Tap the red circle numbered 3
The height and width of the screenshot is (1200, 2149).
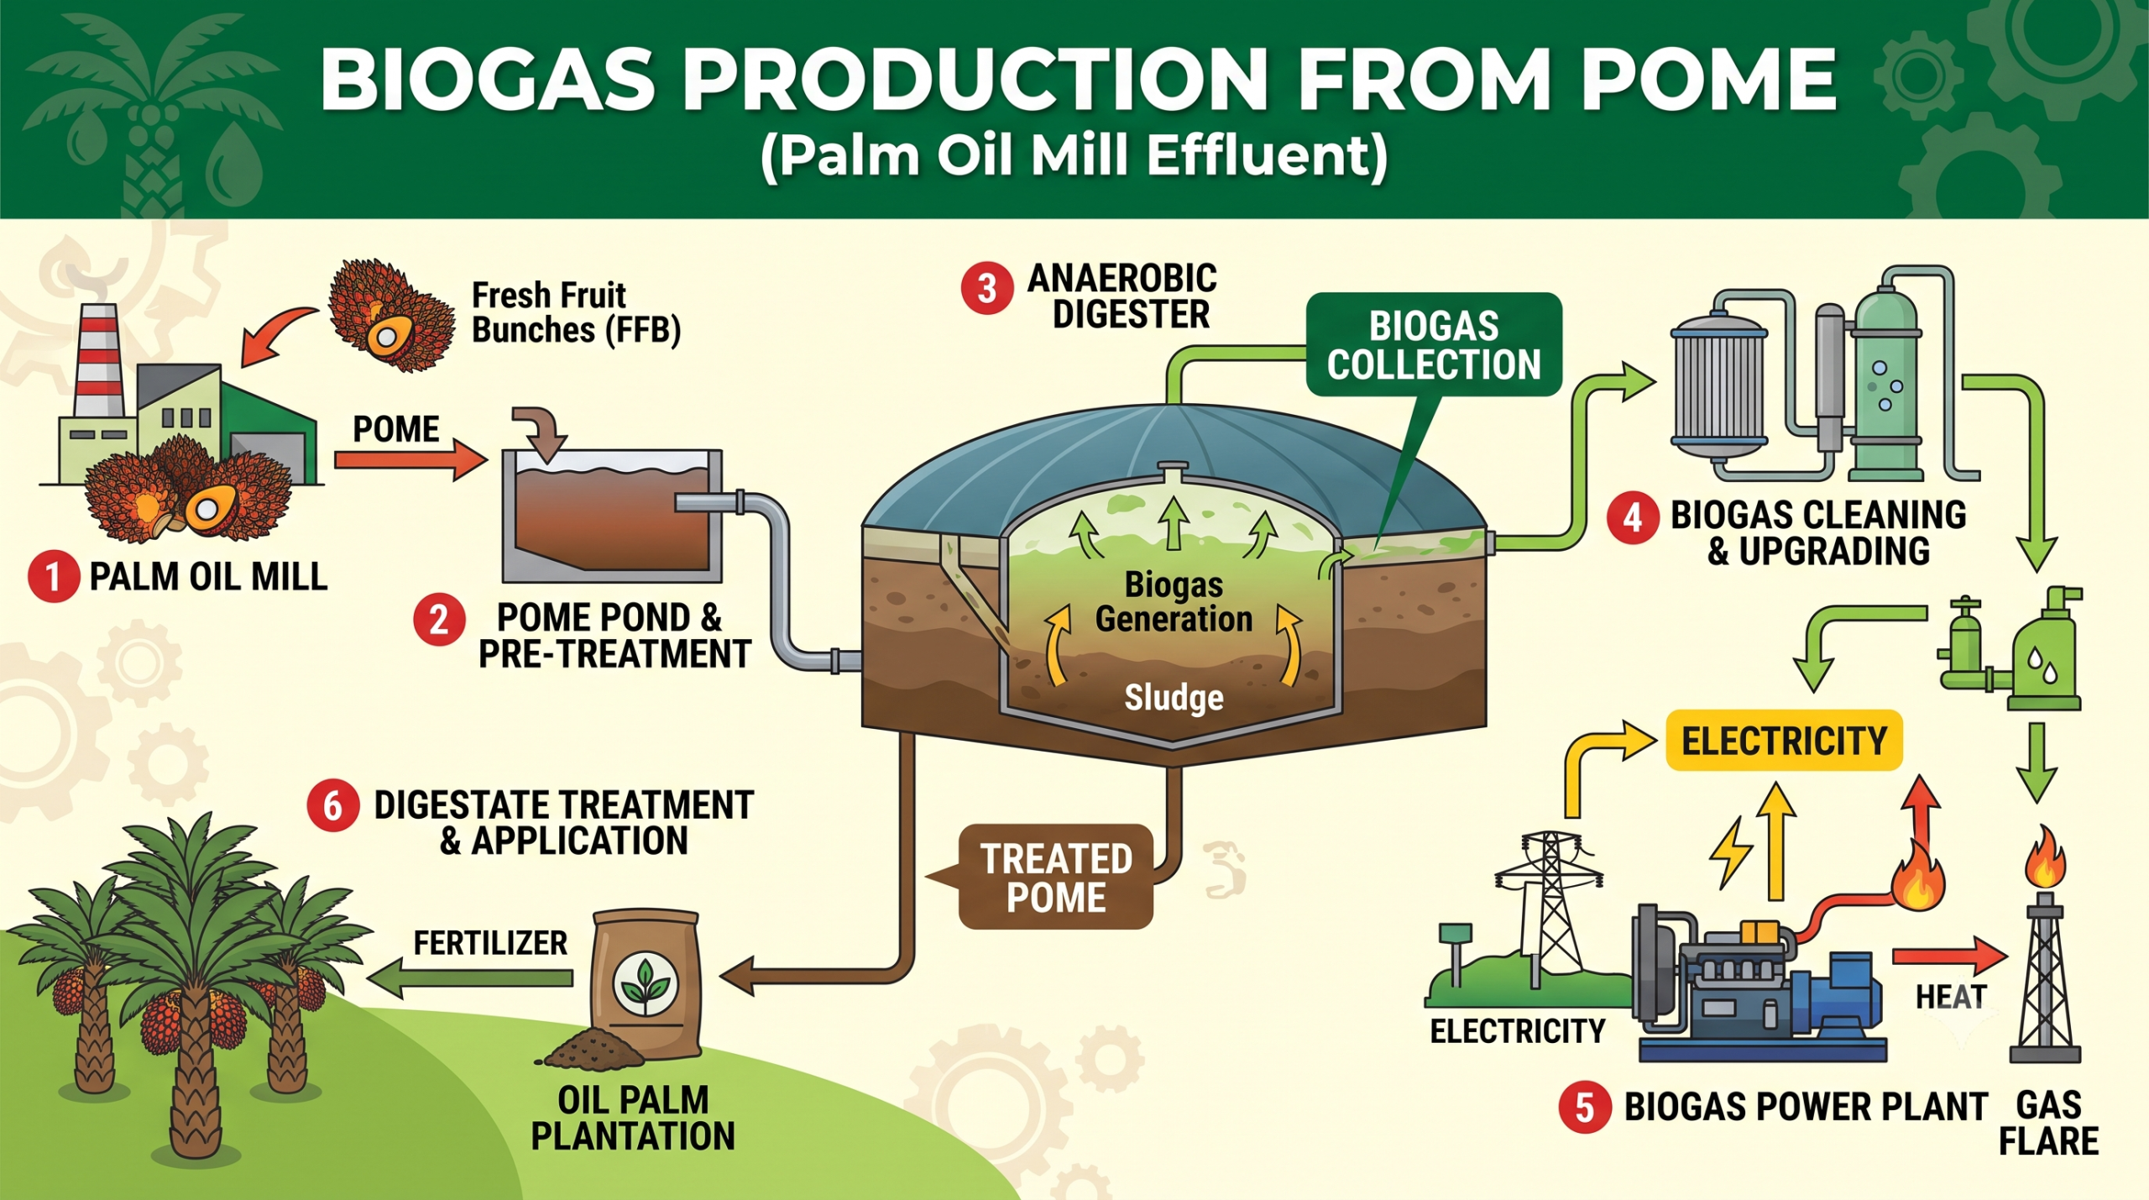pyautogui.click(x=987, y=290)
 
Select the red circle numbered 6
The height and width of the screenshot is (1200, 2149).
pyautogui.click(x=332, y=806)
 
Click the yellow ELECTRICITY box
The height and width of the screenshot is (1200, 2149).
pyautogui.click(x=1784, y=741)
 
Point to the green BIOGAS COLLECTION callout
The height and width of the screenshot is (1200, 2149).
pyautogui.click(x=1434, y=344)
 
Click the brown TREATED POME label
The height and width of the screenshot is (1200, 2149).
pyautogui.click(x=1056, y=878)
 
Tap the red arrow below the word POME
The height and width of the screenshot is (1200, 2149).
pyautogui.click(x=410, y=460)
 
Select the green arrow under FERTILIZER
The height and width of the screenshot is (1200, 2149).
pyautogui.click(x=470, y=978)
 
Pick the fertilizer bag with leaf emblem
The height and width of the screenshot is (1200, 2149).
pyautogui.click(x=646, y=984)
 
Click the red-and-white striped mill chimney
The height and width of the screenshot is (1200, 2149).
pyautogui.click(x=98, y=361)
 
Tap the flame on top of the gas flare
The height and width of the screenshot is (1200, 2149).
pyautogui.click(x=2045, y=857)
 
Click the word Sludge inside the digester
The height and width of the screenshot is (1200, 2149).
pyautogui.click(x=1174, y=698)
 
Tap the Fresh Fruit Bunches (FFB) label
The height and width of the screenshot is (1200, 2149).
pyautogui.click(x=576, y=312)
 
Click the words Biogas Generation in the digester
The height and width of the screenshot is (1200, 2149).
pyautogui.click(x=1174, y=602)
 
